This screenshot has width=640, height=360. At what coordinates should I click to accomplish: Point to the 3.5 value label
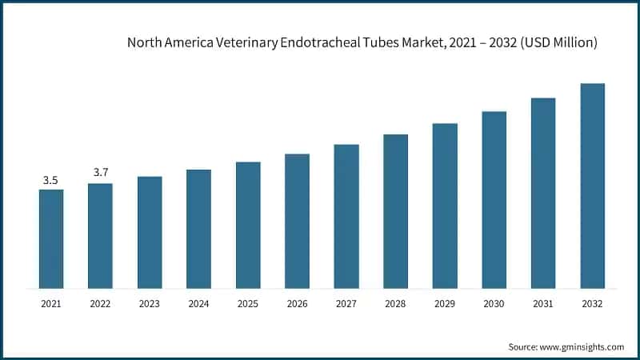coord(50,181)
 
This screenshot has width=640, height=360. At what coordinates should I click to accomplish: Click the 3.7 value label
coord(100,173)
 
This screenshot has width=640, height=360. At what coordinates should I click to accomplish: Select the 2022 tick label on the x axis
coord(100,304)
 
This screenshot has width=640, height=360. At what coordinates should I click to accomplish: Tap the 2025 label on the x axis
coord(248,304)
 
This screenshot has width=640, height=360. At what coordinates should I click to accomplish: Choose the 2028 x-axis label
coord(395,304)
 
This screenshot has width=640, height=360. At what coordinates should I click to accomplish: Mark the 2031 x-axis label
coord(543,304)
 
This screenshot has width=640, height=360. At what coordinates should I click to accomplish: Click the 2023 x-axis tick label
coord(149,304)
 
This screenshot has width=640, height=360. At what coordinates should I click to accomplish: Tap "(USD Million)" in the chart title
coord(558,43)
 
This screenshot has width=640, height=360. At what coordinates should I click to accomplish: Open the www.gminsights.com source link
coord(581,346)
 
